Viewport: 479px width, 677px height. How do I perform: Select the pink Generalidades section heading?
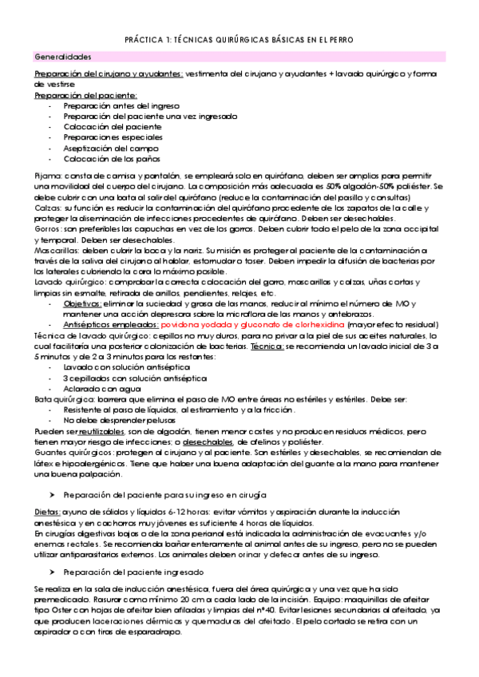(x=63, y=57)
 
